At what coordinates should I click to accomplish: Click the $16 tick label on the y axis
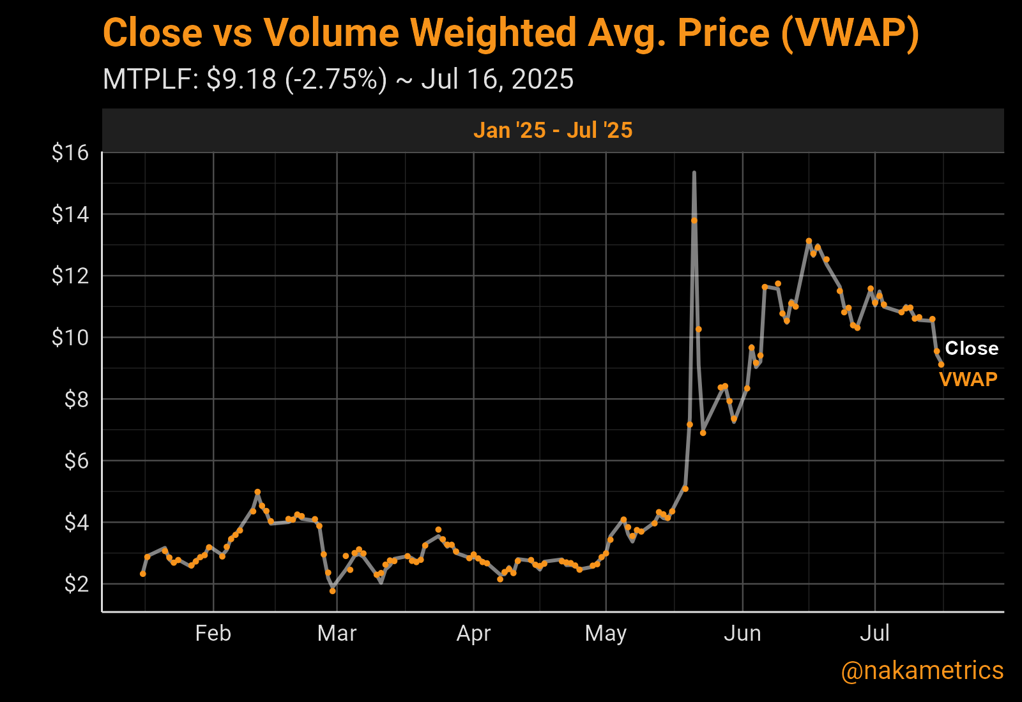[x=70, y=153]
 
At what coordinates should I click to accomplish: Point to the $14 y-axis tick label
[x=70, y=214]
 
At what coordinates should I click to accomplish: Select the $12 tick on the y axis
[x=70, y=276]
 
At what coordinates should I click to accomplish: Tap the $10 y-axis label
[x=70, y=337]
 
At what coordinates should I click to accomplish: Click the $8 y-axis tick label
[x=76, y=399]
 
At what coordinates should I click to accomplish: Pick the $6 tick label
[x=76, y=460]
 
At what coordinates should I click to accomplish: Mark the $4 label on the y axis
[x=76, y=522]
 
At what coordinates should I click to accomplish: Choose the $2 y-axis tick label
[x=76, y=583]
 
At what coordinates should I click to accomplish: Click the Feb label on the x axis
[x=213, y=633]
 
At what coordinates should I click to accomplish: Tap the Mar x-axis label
[x=337, y=633]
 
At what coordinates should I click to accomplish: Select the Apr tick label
[x=473, y=633]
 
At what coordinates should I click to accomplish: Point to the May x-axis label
[x=606, y=633]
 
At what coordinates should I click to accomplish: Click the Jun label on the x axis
[x=742, y=633]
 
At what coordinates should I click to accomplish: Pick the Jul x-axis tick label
[x=874, y=633]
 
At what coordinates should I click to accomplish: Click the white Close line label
[x=972, y=348]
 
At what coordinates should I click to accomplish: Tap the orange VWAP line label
[x=968, y=380]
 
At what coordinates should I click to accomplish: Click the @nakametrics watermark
[x=922, y=671]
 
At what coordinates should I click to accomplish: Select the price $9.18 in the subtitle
[x=242, y=80]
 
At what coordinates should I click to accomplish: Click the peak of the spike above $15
[x=694, y=172]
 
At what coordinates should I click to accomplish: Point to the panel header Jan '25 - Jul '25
[x=553, y=130]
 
